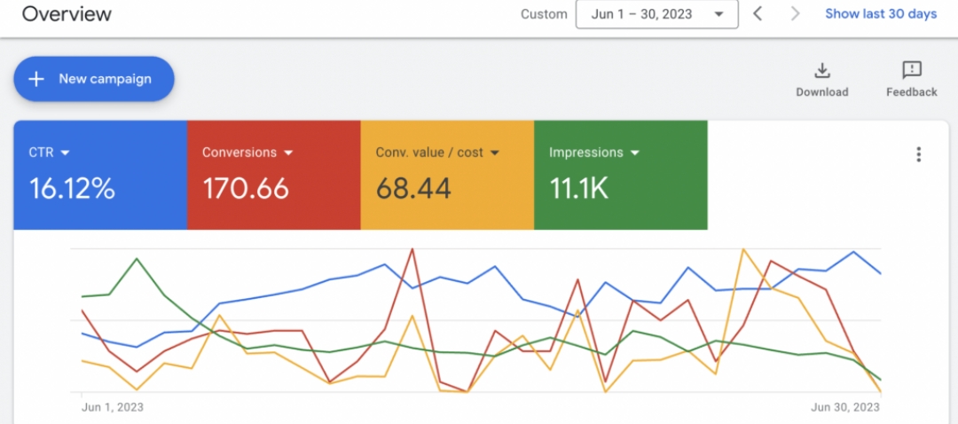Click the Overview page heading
tap(67, 14)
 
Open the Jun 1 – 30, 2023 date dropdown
tap(656, 14)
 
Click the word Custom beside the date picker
tap(544, 14)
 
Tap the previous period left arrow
tap(758, 14)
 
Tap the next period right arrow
tap(795, 14)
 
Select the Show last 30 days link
tap(881, 14)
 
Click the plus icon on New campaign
tap(36, 79)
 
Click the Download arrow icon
tap(822, 71)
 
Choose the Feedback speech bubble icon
tap(911, 70)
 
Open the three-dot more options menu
tap(918, 154)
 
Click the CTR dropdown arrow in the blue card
tap(65, 153)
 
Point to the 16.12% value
tap(73, 188)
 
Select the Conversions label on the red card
tap(239, 153)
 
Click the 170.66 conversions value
tap(246, 188)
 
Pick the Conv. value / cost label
tap(429, 153)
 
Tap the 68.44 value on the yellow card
tap(413, 188)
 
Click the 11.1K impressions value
tap(578, 188)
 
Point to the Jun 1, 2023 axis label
tap(113, 407)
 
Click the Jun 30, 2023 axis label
tap(845, 407)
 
